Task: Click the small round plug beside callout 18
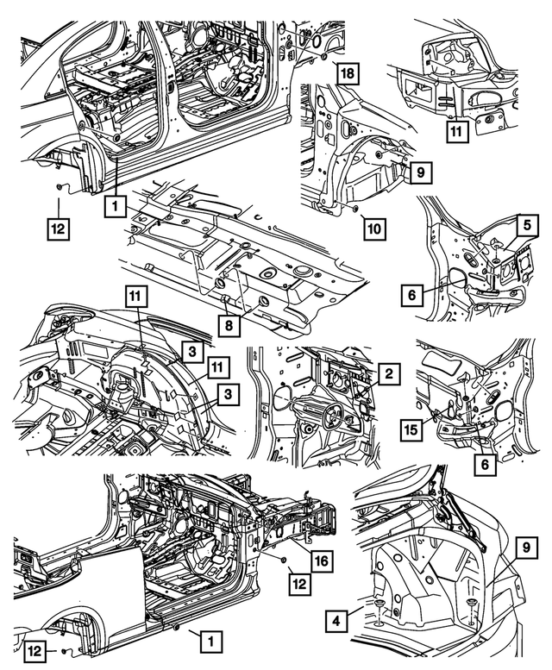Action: click(x=321, y=57)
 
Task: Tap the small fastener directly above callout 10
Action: click(x=356, y=210)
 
